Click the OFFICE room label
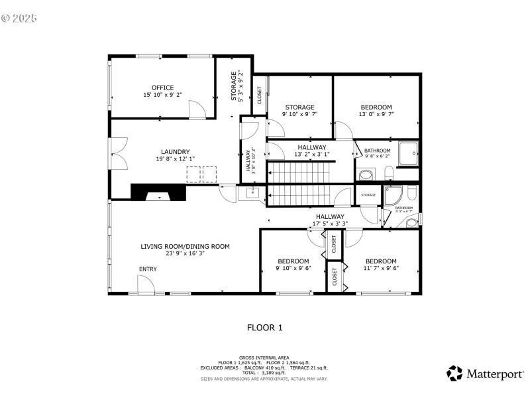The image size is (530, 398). pos(162,88)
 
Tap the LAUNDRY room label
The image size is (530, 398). pos(175,151)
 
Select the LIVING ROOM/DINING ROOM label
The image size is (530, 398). pos(185,246)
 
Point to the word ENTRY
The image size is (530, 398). pos(148,269)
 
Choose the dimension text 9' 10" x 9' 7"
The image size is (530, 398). pos(299,114)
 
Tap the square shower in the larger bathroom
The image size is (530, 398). pos(407,153)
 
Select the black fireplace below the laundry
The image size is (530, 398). pos(158,192)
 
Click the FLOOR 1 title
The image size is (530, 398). pos(265,327)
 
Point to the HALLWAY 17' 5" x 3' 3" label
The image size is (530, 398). pos(329,220)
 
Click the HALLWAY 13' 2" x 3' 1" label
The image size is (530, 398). pos(311,151)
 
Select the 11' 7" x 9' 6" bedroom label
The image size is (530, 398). pos(381,265)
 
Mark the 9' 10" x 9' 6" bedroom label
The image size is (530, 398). pos(293,265)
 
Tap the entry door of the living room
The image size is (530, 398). pos(146,285)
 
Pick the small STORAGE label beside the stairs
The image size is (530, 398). pos(368,195)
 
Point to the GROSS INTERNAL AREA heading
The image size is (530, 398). pos(265,357)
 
